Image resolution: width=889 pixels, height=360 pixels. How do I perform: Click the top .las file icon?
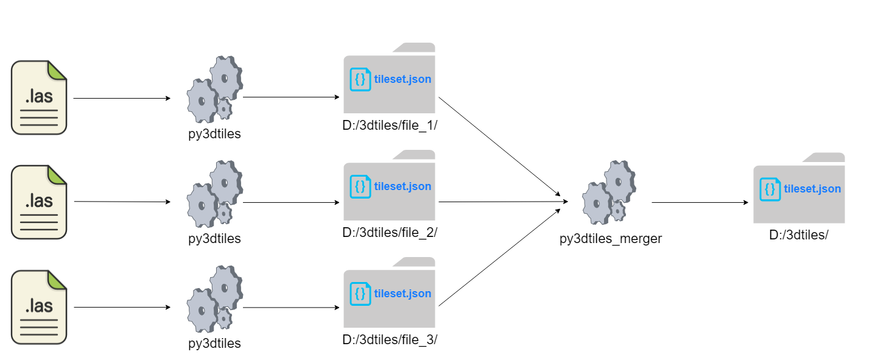[39, 97]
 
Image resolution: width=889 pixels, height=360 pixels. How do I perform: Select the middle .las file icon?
[39, 202]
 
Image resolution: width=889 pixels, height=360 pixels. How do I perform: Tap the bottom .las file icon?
[39, 307]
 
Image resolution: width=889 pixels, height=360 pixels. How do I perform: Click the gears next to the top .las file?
[215, 90]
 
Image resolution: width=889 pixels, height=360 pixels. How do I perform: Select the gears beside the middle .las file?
[215, 194]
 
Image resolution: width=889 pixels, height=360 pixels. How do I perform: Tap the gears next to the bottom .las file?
[215, 299]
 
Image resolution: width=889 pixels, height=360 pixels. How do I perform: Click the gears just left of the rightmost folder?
[609, 192]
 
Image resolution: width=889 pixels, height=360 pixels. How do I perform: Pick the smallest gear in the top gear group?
[224, 110]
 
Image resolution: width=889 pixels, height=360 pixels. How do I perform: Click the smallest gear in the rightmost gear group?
[618, 211]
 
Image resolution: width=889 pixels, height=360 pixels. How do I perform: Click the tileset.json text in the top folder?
[402, 80]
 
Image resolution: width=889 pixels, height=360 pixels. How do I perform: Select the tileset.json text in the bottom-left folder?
[402, 294]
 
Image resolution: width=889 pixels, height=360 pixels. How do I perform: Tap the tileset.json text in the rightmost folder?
[812, 189]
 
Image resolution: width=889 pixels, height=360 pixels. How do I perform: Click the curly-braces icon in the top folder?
[360, 80]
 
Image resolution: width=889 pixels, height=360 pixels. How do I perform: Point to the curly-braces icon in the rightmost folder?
[770, 189]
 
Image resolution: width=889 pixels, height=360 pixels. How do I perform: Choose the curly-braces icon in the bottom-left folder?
[360, 294]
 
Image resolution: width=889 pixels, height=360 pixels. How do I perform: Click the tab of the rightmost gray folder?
[825, 158]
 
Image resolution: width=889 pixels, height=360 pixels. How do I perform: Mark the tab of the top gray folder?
[415, 48]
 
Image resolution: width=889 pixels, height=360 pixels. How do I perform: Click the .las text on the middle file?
[39, 200]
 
